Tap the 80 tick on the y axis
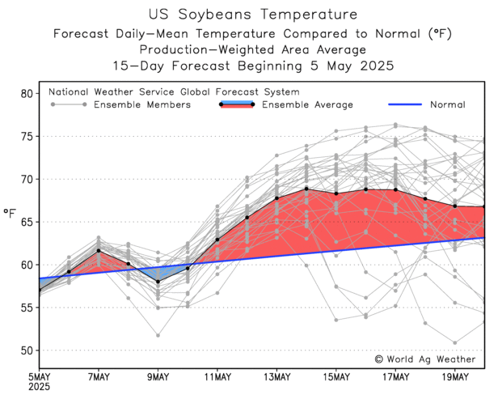point(24,94)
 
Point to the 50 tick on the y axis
point(24,350)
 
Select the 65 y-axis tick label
point(24,222)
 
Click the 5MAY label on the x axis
point(40,376)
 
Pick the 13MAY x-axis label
point(276,376)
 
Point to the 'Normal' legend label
point(447,104)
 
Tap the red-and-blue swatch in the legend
point(237,104)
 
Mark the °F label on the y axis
point(9,214)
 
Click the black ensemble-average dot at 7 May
point(99,251)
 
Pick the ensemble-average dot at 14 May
point(306,189)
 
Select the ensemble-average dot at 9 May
point(158,282)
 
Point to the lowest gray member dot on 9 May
point(158,335)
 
